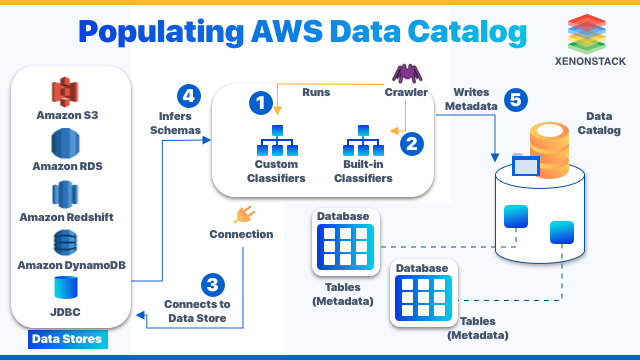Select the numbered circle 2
[x=410, y=143]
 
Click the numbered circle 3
[x=211, y=284]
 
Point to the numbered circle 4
[x=188, y=96]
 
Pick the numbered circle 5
[x=513, y=100]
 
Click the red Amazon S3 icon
[x=66, y=92]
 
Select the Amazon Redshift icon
[x=66, y=193]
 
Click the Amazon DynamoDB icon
[x=66, y=242]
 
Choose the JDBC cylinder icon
[x=66, y=288]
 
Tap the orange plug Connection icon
[x=241, y=214]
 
